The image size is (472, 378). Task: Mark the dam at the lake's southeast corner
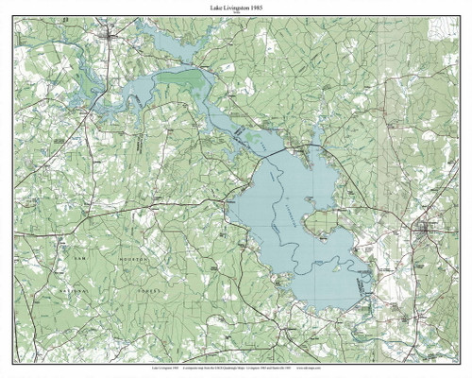point(363,283)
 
